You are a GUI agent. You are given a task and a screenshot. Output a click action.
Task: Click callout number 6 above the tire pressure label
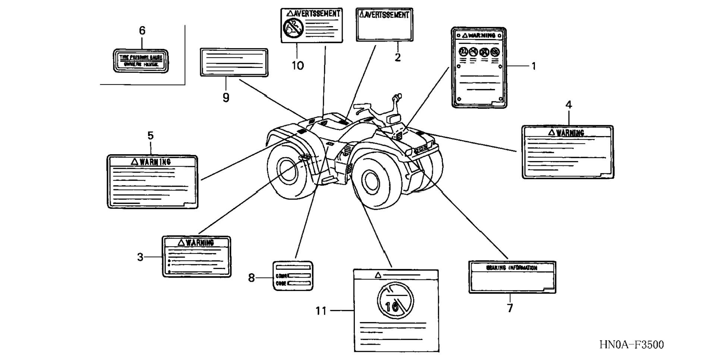(x=142, y=31)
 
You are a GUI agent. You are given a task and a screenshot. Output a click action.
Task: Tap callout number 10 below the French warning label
(x=297, y=66)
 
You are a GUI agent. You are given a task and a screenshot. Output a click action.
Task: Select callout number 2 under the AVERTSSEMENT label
(x=398, y=57)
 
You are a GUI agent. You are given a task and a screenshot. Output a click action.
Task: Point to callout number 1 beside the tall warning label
(x=533, y=66)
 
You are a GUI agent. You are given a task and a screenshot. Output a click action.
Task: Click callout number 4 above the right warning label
(x=569, y=105)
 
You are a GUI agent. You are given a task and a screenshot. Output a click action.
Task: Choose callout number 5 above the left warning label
(x=150, y=136)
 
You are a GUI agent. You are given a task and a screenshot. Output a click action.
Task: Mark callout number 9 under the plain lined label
(x=226, y=98)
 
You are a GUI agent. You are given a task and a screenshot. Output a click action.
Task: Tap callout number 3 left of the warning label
(x=140, y=257)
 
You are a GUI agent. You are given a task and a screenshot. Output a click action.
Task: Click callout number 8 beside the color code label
(x=252, y=278)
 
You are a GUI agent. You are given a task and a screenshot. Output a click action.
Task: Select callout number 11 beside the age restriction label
(x=321, y=310)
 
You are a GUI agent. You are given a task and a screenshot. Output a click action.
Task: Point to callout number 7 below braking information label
(x=510, y=308)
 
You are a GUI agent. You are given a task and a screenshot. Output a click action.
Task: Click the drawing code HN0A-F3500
(x=632, y=345)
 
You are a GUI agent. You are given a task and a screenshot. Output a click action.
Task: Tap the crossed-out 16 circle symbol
(x=395, y=300)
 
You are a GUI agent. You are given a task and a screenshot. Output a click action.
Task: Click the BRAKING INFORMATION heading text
(x=511, y=268)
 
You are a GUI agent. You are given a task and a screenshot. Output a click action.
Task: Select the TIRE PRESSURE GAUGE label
(x=141, y=61)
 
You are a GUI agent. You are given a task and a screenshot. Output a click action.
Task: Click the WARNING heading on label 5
(x=151, y=162)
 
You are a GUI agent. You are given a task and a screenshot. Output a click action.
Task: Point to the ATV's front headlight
(x=420, y=148)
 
